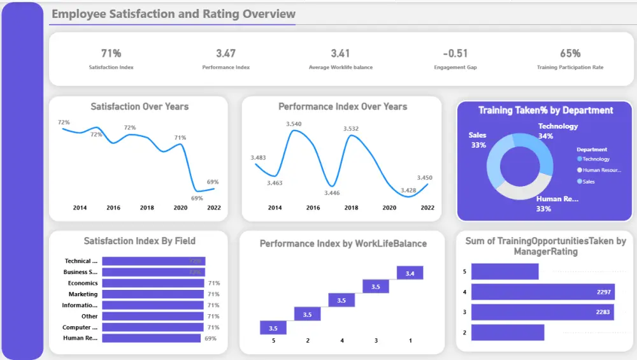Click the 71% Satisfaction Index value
pos(111,54)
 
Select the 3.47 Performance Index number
pos(225,54)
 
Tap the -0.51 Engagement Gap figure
pos(455,54)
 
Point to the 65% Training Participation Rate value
pos(570,54)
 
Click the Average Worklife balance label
pos(340,67)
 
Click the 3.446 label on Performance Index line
pos(331,193)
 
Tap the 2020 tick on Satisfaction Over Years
pos(180,208)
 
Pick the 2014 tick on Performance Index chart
pos(275,208)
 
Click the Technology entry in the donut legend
pos(596,159)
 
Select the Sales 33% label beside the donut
pos(478,140)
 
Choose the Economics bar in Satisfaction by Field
pos(153,283)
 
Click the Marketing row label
pos(83,294)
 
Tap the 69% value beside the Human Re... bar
pos(210,338)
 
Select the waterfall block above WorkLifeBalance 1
pos(410,273)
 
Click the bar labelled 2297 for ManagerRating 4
pos(543,292)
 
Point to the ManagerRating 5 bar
pos(505,271)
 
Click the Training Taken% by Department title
pos(545,110)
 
